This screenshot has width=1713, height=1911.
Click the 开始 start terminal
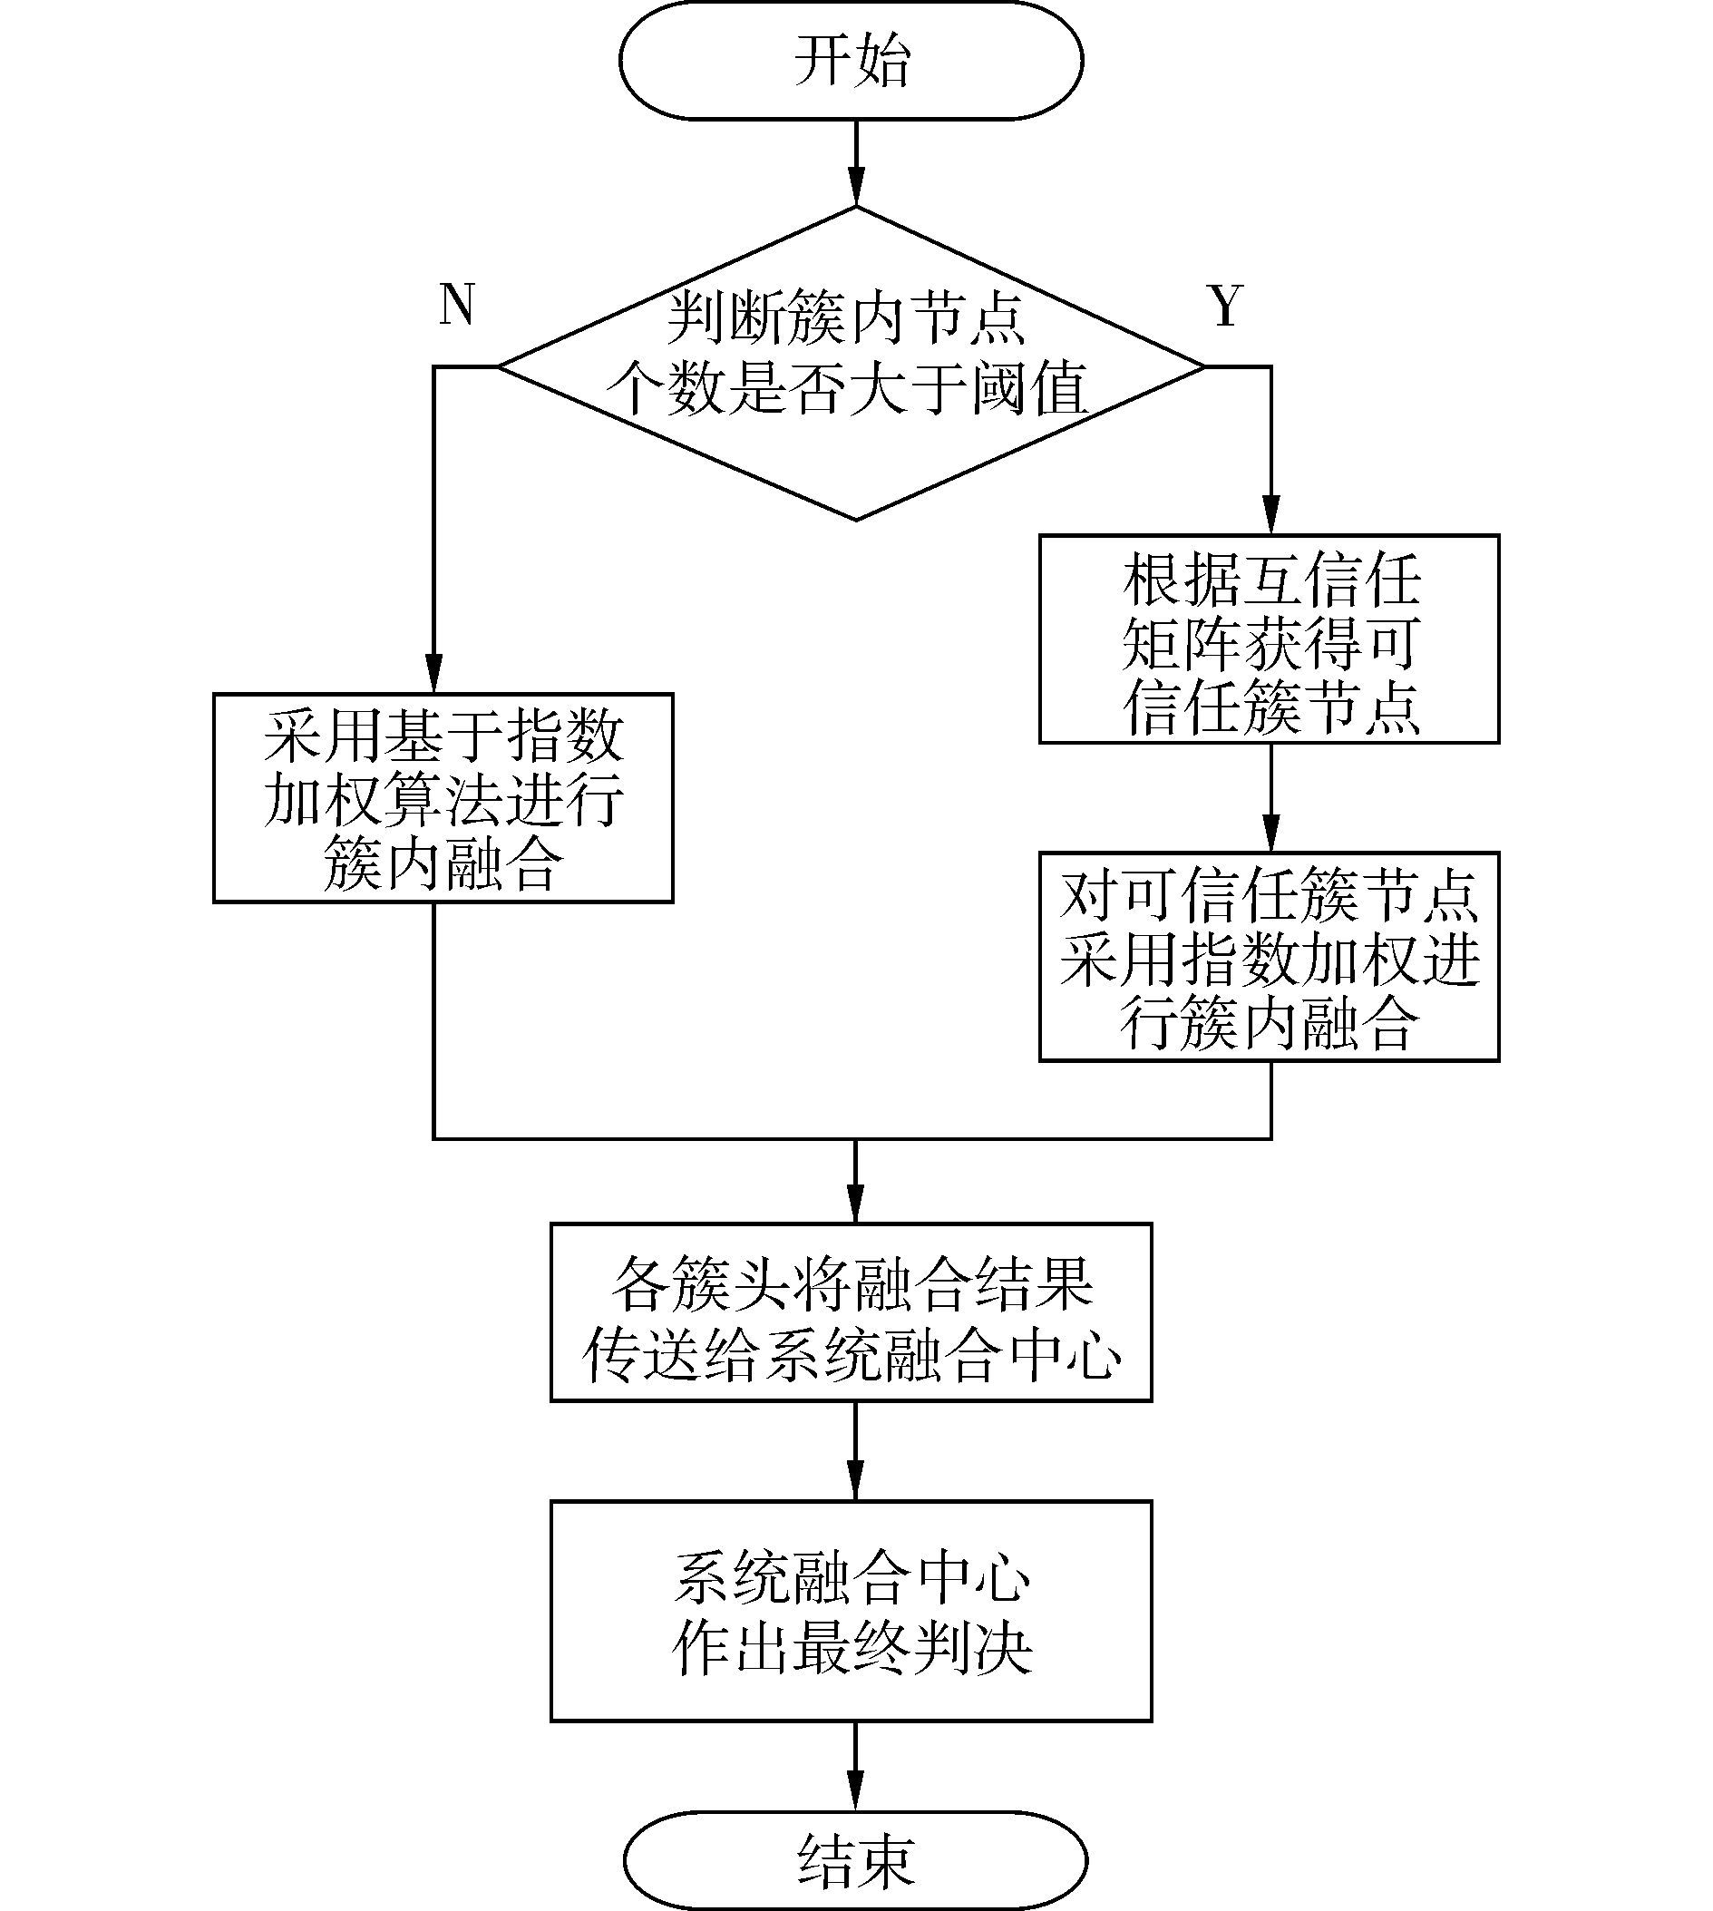click(x=851, y=61)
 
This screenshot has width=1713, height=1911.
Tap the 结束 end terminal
click(x=854, y=1859)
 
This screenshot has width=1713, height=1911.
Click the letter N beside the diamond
click(x=457, y=305)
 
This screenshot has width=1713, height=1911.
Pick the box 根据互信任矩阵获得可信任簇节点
click(x=1269, y=639)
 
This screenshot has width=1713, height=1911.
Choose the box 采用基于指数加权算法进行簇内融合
click(x=443, y=798)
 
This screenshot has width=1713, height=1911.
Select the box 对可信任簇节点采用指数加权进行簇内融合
click(x=1269, y=957)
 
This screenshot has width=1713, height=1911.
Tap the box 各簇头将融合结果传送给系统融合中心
click(x=851, y=1312)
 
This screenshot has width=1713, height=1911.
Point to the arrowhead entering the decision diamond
click(x=855, y=189)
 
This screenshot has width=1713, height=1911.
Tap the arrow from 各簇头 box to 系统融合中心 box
click(x=855, y=1453)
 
